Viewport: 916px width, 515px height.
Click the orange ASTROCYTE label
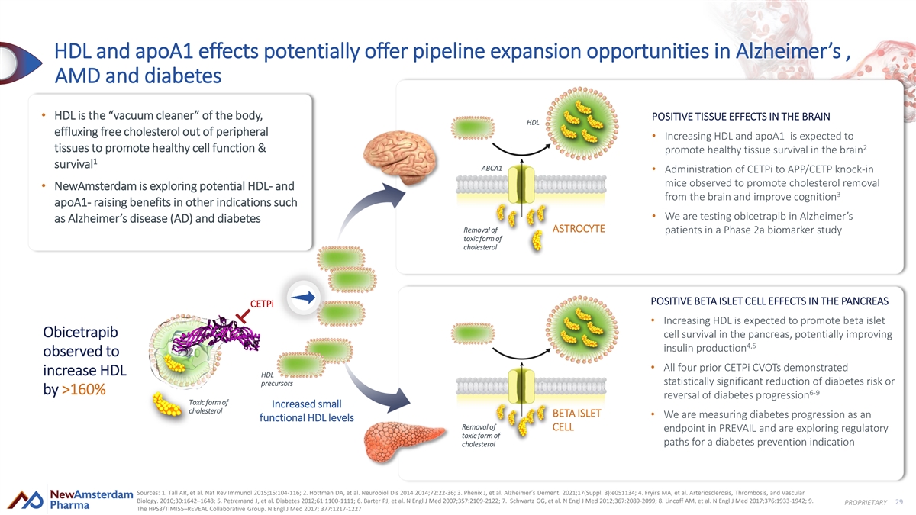point(579,229)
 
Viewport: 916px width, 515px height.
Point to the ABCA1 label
point(492,168)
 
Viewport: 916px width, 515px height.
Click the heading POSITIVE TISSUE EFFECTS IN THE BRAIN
point(740,117)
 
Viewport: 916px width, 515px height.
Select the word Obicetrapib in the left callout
point(80,334)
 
